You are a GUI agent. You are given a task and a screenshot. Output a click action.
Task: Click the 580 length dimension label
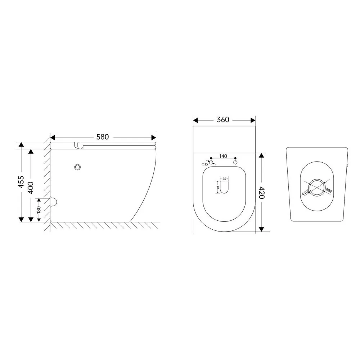point(102,137)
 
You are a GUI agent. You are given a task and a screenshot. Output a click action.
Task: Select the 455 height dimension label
point(21,182)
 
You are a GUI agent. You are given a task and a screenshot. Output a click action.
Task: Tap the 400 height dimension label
point(31,188)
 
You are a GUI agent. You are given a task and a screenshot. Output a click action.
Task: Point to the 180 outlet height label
point(39,210)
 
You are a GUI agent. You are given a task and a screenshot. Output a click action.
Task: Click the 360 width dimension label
point(223,120)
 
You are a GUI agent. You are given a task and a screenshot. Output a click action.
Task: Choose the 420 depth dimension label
point(262,193)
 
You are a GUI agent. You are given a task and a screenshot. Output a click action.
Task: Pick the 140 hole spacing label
point(223,156)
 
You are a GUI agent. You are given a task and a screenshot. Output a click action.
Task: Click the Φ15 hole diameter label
point(205,164)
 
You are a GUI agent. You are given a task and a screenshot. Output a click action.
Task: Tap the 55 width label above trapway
point(224,179)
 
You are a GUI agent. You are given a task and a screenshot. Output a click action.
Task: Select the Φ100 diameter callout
point(305,192)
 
